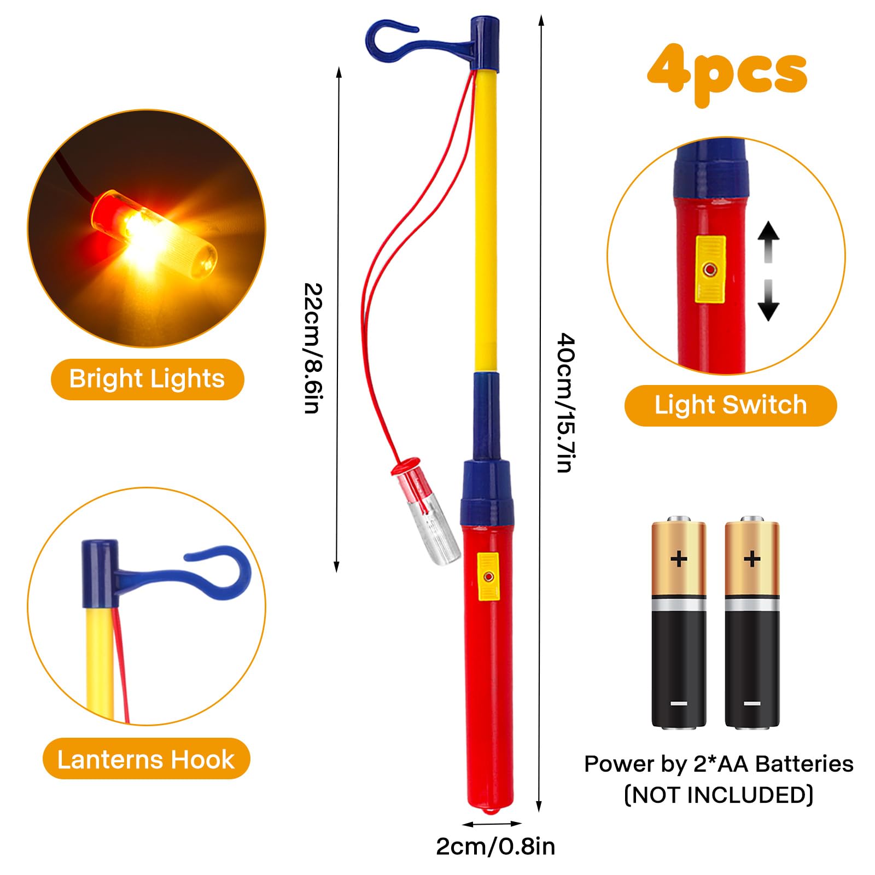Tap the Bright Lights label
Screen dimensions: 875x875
147,379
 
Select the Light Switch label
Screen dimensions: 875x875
730,405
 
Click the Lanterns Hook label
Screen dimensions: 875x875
146,759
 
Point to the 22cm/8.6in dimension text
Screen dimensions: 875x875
313,348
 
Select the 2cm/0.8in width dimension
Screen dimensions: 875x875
495,846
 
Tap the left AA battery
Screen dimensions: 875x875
679,623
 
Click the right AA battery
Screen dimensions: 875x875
752,623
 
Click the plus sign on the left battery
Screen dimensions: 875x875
679,559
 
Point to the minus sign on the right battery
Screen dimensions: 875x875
752,703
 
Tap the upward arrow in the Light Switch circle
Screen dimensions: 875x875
768,241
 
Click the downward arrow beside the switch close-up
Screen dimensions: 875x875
768,301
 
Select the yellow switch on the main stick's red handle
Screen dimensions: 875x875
488,576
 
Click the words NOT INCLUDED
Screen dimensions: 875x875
719,795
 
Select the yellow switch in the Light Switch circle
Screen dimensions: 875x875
710,269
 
